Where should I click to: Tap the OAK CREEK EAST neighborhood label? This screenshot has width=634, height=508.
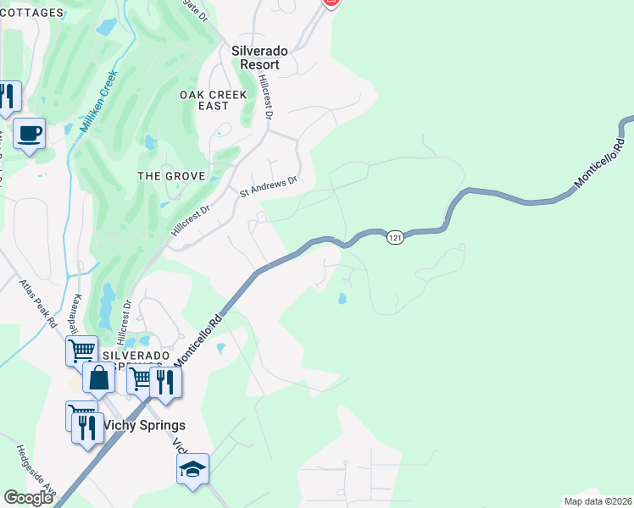coord(214,100)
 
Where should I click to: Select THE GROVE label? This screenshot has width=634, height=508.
coord(172,176)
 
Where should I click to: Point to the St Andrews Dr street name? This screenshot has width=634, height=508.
coord(269,186)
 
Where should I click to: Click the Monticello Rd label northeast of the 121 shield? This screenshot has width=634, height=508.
coord(599,163)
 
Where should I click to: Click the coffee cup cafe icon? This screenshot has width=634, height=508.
coord(29,133)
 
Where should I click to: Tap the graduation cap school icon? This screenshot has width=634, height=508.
coord(192,468)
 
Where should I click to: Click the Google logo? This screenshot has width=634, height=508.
coord(28,498)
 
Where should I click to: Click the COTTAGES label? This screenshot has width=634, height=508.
coord(31,13)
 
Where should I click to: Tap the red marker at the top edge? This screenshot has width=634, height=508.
coord(333,3)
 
